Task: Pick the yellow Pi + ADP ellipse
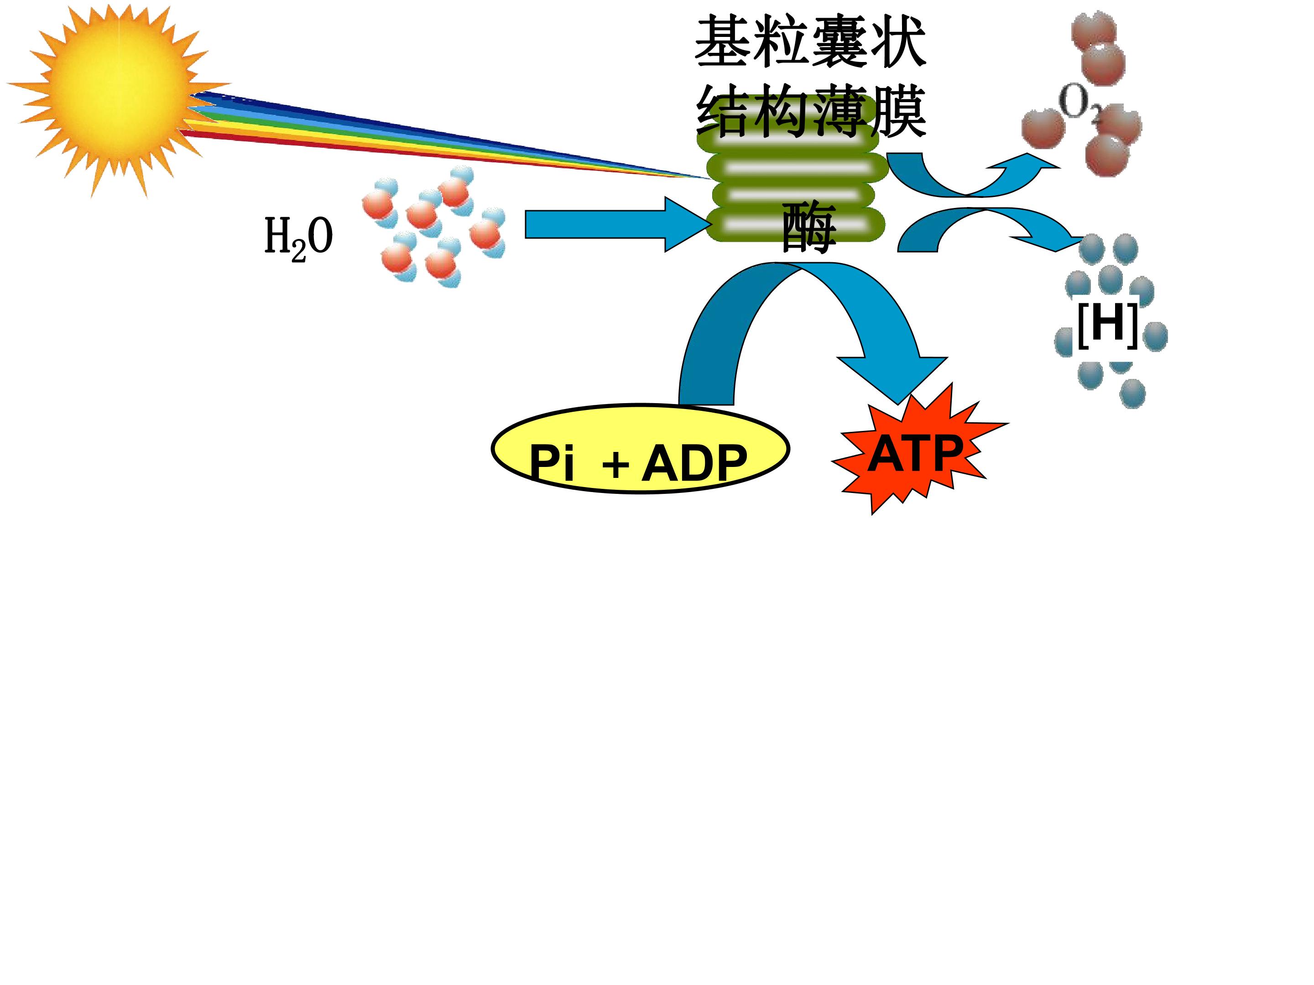tap(640, 450)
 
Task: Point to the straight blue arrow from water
tap(618, 224)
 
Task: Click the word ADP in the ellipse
tap(694, 463)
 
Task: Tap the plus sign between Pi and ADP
tap(615, 464)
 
